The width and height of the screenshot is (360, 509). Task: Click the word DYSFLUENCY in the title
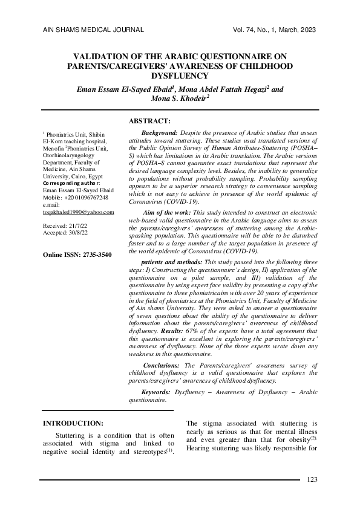coord(180,76)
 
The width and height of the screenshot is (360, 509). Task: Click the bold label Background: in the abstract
coord(159,132)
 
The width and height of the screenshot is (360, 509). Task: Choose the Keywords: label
coord(155,392)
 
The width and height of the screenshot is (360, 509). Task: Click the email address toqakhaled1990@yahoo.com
coord(79,213)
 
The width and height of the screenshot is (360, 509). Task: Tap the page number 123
coord(312,481)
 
